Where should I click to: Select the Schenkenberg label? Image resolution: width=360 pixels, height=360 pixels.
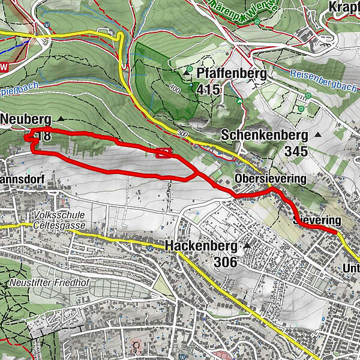point(264,135)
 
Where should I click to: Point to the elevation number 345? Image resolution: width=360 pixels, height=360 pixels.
point(296,151)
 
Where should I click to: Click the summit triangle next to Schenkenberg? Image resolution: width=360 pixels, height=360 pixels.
point(317,136)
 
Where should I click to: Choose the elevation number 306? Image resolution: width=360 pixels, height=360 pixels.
point(225,262)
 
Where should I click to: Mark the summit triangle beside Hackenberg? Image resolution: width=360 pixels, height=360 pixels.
point(246,246)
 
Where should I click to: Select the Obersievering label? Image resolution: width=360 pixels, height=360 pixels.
point(271,179)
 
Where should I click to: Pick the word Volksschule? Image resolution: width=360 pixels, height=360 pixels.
point(58,215)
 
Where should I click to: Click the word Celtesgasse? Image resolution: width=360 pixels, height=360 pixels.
point(60,225)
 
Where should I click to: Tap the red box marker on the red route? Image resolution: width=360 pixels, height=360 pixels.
point(162,153)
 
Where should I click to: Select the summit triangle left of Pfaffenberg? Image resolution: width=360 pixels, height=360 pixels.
point(190,70)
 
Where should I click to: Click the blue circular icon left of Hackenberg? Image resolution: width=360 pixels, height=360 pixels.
point(149,246)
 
